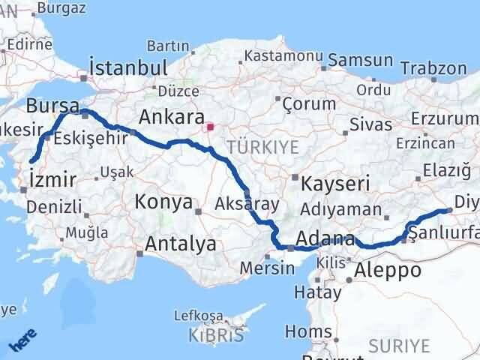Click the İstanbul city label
[127, 67]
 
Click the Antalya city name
[181, 244]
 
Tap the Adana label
[325, 240]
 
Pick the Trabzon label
[433, 67]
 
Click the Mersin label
[262, 268]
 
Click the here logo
[22, 342]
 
